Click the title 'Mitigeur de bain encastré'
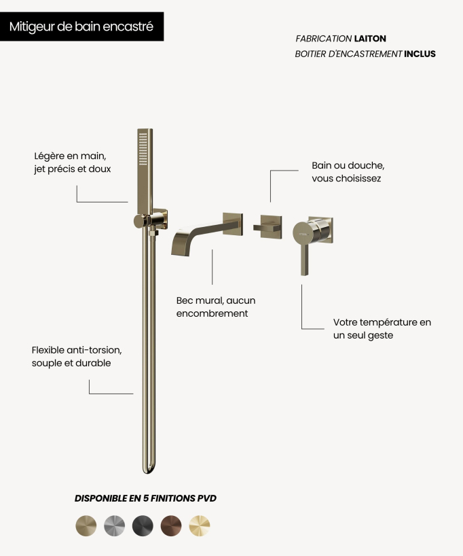click(81, 27)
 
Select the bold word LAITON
click(370, 39)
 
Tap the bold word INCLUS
click(420, 54)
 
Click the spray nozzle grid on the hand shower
click(143, 149)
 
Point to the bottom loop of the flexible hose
click(149, 468)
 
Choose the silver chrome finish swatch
click(115, 525)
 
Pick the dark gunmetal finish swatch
click(143, 525)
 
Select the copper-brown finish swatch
click(171, 525)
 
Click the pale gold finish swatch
click(200, 525)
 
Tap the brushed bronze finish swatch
click(86, 525)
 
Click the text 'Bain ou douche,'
click(348, 166)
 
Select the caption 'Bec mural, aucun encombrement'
click(216, 307)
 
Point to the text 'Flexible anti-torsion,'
click(77, 350)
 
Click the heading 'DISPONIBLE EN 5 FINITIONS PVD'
click(145, 498)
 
